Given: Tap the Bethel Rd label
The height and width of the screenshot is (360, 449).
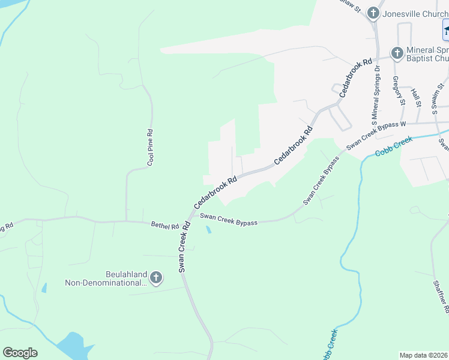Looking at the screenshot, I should tap(165, 226).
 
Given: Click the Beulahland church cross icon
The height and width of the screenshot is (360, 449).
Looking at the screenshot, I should tap(156, 277).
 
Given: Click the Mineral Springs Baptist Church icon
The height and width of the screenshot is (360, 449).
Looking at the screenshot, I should tap(396, 53).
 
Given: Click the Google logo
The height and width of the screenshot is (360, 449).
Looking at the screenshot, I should tap(20, 353).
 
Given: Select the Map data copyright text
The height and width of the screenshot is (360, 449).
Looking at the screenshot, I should tap(424, 355).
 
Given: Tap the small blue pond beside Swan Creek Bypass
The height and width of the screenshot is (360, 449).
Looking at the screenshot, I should tap(208, 230).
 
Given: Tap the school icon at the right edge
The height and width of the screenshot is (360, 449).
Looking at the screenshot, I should tap(446, 30).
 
